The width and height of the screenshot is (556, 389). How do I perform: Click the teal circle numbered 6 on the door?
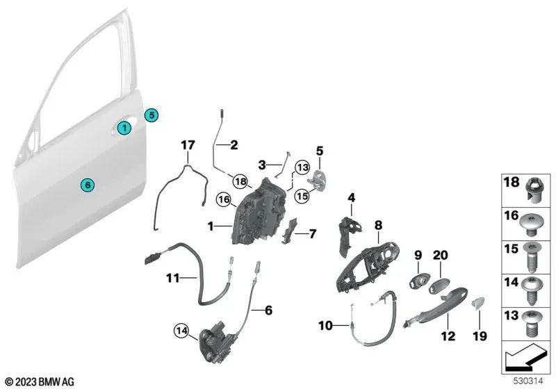[x=86, y=185]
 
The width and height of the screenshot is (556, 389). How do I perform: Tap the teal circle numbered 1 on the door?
[x=123, y=128]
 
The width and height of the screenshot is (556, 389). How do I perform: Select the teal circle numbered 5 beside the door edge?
[x=152, y=115]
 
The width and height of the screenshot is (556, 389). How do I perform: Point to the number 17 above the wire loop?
[x=186, y=146]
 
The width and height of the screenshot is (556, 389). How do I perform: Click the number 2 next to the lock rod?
[x=234, y=145]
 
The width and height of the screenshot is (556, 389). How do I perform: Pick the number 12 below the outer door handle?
[x=448, y=337]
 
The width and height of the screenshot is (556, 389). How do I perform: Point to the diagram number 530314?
[x=525, y=381]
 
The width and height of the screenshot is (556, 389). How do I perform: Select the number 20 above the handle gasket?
[x=441, y=255]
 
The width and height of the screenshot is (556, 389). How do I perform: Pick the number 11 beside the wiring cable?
[x=172, y=279]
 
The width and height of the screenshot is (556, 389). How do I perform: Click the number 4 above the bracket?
[x=352, y=197]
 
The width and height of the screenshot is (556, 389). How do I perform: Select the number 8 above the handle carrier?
[x=378, y=224]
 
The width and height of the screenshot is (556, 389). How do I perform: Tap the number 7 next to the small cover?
[x=312, y=234]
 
